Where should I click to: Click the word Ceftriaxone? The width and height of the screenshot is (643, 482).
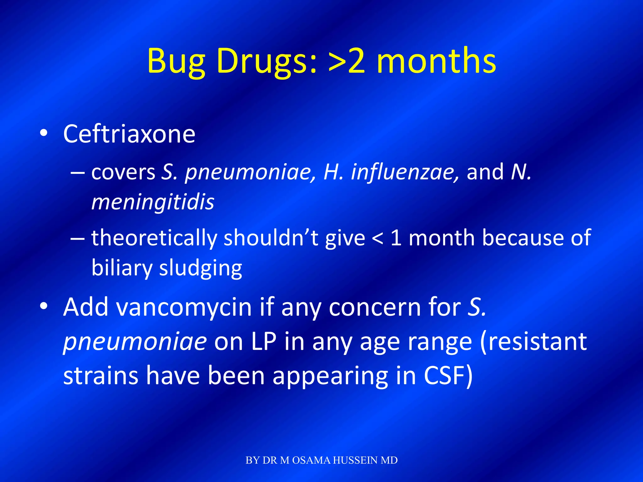pyautogui.click(x=129, y=134)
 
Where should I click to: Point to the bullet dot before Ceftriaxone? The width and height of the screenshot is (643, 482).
pyautogui.click(x=44, y=133)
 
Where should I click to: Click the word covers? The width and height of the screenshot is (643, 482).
pyautogui.click(x=123, y=172)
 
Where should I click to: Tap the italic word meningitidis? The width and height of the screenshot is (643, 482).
pyautogui.click(x=153, y=202)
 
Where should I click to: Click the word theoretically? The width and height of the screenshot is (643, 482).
pyautogui.click(x=154, y=238)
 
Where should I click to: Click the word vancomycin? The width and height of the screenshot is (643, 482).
pyautogui.click(x=184, y=307)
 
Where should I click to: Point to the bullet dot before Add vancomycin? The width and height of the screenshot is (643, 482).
pyautogui.click(x=44, y=306)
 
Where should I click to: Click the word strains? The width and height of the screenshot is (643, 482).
pyautogui.click(x=100, y=376)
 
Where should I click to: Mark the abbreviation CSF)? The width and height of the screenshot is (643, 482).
pyautogui.click(x=448, y=376)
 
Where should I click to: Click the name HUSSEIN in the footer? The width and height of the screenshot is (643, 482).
pyautogui.click(x=355, y=460)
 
